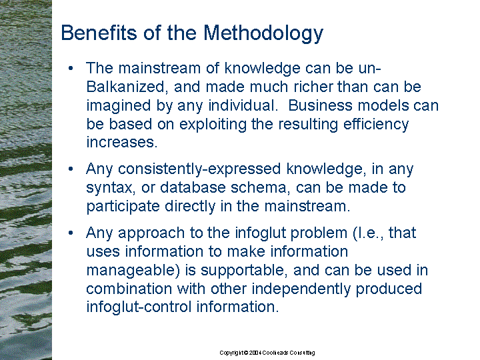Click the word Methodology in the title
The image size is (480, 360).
(263, 33)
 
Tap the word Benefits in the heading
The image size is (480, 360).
(99, 32)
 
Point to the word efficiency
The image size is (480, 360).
(376, 125)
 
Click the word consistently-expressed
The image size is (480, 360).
(199, 169)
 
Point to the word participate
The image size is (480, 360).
(123, 207)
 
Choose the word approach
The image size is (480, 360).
(151, 233)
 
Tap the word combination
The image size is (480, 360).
(129, 289)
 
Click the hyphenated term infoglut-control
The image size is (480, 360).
(139, 307)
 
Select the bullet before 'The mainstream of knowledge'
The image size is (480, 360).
(71, 68)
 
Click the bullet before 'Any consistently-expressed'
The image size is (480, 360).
(71, 169)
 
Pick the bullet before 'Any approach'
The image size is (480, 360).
(71, 233)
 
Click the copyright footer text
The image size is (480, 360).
(267, 353)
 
